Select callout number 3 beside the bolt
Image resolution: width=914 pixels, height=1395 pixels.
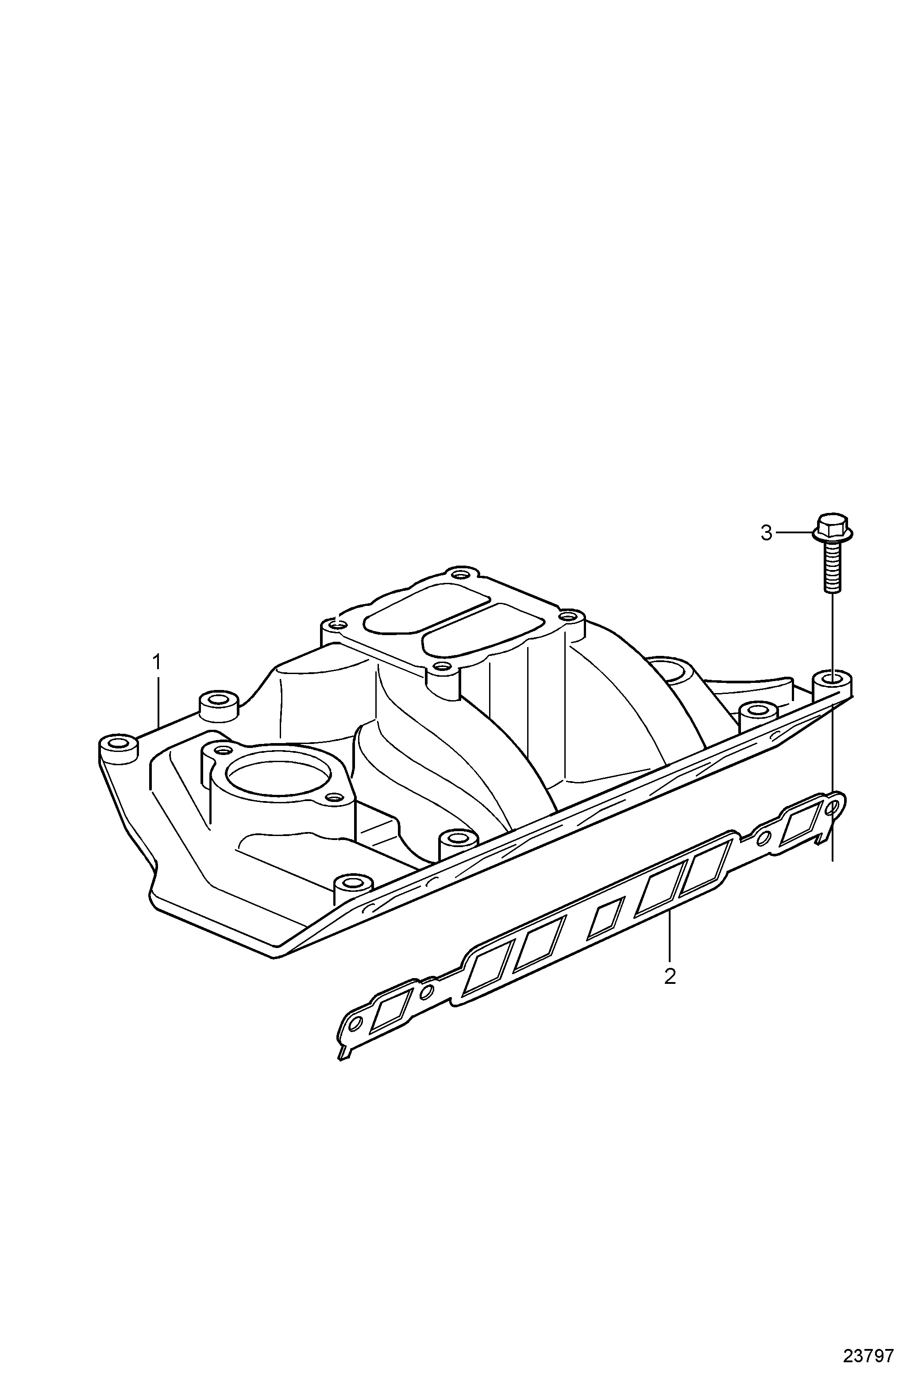[766, 533]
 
